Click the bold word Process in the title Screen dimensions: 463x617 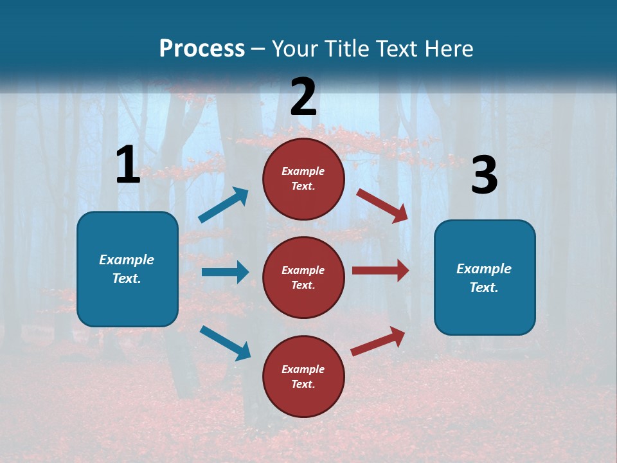[202, 49]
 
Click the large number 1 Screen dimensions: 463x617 [128, 165]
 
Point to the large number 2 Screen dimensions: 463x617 [303, 97]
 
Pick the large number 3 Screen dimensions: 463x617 [484, 176]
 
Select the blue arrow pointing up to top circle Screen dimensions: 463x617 [224, 205]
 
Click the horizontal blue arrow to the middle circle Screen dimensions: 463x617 [225, 272]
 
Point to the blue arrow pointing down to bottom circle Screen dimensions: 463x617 [225, 342]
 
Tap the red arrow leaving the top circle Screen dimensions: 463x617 [382, 205]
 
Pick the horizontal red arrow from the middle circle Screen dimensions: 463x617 [380, 271]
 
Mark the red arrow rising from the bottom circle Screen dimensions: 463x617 [378, 341]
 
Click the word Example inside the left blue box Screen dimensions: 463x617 [127, 260]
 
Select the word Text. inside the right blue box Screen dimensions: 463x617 [484, 287]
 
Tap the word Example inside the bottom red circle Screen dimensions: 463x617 [303, 369]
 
